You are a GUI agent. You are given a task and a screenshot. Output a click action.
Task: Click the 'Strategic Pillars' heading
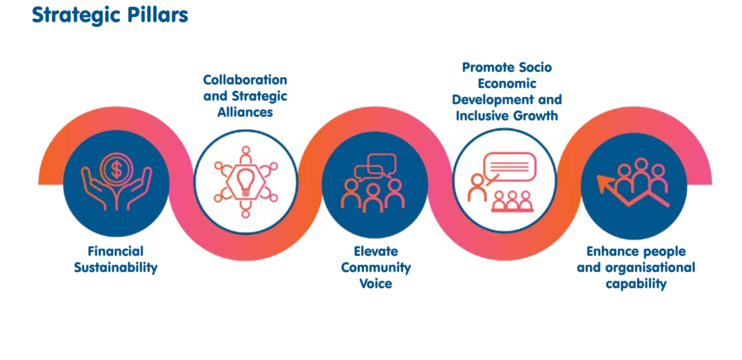[110, 15]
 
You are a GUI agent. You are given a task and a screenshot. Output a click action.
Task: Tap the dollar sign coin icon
[117, 168]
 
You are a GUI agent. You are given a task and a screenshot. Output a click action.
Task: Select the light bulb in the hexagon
[246, 180]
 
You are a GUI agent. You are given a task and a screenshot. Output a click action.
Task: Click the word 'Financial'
[116, 251]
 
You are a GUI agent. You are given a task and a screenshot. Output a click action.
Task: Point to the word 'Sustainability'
[116, 267]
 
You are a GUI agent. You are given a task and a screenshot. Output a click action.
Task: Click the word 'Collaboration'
[245, 80]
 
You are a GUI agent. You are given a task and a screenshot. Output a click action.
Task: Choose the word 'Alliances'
[245, 112]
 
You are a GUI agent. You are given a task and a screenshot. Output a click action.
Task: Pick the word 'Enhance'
[612, 251]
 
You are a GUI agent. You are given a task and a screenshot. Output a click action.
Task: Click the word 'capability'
[636, 283]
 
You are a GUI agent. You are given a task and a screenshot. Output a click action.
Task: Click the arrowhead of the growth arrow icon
[603, 180]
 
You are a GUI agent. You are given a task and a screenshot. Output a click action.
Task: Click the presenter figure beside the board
[478, 186]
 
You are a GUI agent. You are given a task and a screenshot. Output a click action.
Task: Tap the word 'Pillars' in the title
[159, 15]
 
